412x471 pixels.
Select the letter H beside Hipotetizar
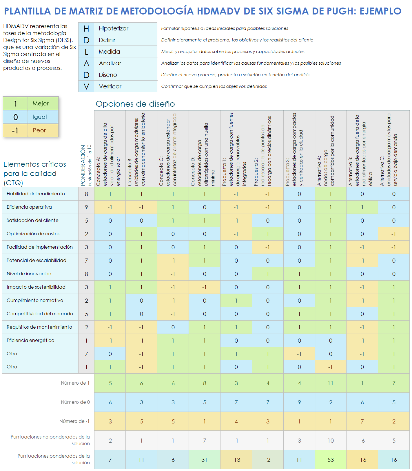pyautogui.click(x=86, y=28)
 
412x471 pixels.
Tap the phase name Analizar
pyautogui.click(x=110, y=63)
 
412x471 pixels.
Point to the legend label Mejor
pyautogui.click(x=41, y=103)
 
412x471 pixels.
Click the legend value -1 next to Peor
pyautogui.click(x=15, y=131)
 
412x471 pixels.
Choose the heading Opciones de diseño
pyautogui.click(x=135, y=104)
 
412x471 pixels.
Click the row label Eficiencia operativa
pyautogui.click(x=29, y=207)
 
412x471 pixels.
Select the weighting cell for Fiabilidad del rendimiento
pyautogui.click(x=86, y=194)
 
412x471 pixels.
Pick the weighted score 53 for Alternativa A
pyautogui.click(x=331, y=460)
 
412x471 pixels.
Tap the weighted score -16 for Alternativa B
pyautogui.click(x=362, y=460)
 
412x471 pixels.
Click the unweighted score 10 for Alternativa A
pyautogui.click(x=331, y=441)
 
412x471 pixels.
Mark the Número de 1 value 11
pyautogui.click(x=331, y=383)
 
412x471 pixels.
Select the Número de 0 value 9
pyautogui.click(x=299, y=402)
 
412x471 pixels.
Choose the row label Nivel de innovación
pyautogui.click(x=29, y=274)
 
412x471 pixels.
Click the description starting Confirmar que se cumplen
pyautogui.click(x=214, y=86)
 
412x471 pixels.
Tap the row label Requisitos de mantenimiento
pyautogui.click(x=39, y=327)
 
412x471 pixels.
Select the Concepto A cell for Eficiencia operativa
pyautogui.click(x=110, y=207)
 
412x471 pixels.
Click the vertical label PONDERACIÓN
pyautogui.click(x=83, y=165)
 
